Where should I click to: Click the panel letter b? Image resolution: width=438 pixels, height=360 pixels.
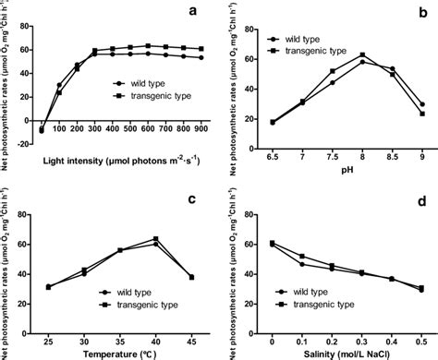pos(422,13)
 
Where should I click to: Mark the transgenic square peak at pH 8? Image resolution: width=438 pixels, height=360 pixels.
pos(362,54)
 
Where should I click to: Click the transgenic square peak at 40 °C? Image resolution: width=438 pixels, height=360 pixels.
pos(155,239)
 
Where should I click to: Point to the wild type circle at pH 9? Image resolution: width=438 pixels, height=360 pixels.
pos(421,104)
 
